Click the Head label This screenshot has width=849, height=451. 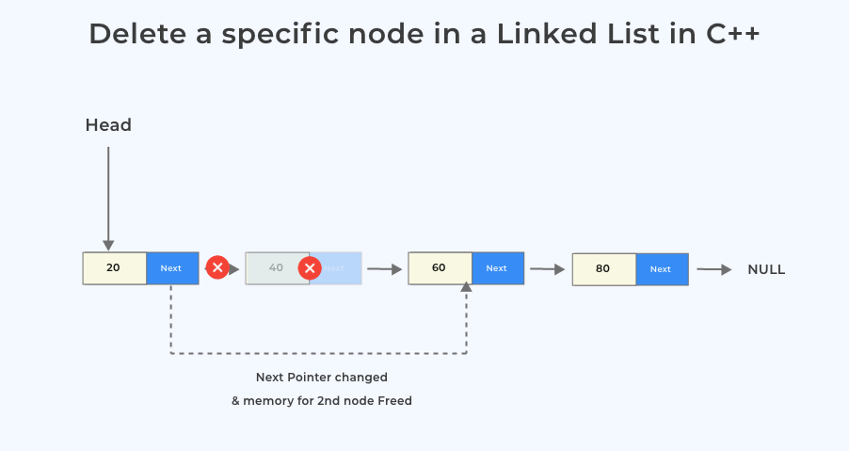[x=108, y=125]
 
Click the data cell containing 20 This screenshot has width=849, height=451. [x=114, y=268]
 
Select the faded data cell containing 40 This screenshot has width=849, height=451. [x=275, y=268]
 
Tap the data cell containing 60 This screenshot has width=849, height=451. [x=440, y=268]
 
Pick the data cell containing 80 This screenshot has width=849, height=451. [x=603, y=269]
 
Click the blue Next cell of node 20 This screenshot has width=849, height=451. [x=171, y=268]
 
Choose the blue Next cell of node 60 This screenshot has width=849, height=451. [x=497, y=268]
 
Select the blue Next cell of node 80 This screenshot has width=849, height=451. [x=661, y=269]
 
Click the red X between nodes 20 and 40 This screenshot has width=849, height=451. [x=217, y=268]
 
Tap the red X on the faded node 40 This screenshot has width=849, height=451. [x=310, y=268]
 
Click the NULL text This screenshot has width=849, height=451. [x=766, y=269]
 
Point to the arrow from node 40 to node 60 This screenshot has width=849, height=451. [x=384, y=269]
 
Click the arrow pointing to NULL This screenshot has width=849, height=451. [x=714, y=269]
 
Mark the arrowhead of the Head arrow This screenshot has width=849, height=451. [x=108, y=245]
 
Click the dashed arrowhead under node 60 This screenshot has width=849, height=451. [x=466, y=290]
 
